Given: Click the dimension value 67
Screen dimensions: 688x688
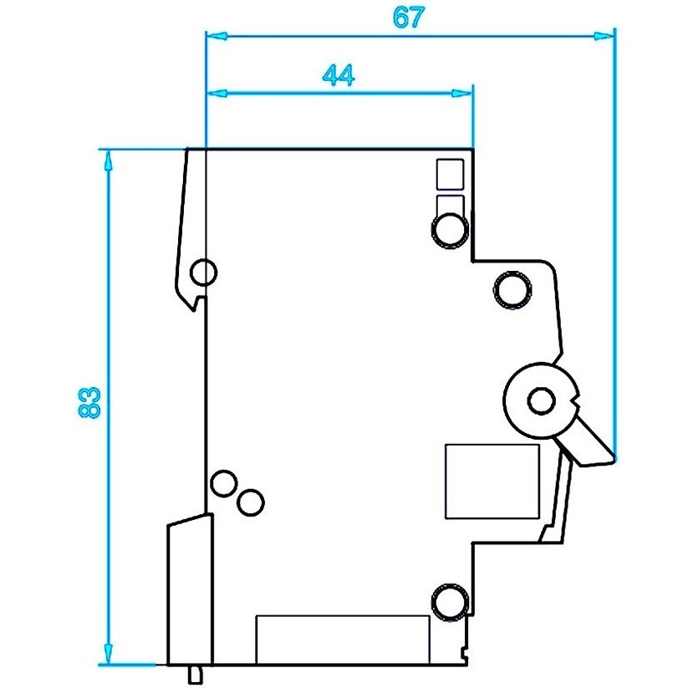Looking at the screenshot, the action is click(x=409, y=18).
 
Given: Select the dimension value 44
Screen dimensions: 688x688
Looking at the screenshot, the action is click(x=339, y=75).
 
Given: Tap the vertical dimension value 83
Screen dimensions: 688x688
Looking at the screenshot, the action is click(x=89, y=401).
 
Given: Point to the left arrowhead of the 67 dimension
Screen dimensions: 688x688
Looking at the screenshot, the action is click(x=217, y=36).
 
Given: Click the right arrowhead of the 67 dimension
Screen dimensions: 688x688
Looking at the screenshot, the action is click(x=604, y=36).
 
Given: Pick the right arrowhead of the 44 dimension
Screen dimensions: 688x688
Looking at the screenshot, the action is click(x=462, y=93).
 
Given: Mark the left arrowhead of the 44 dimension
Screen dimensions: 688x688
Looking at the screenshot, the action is click(x=217, y=93).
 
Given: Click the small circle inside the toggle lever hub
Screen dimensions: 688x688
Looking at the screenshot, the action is click(x=542, y=401).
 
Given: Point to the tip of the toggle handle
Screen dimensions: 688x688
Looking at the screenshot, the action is click(x=614, y=457).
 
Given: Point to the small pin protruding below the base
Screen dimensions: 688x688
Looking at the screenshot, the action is click(x=196, y=675).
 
